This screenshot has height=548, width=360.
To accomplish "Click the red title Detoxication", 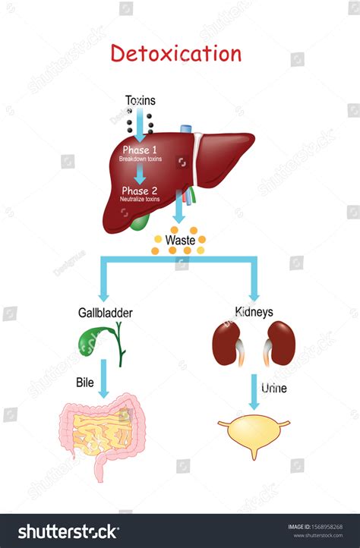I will point(175,54).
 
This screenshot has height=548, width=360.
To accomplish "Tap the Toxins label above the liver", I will point(141,101).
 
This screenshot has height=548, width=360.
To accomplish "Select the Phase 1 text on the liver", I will point(141,150).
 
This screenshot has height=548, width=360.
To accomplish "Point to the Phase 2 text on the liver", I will point(141,191).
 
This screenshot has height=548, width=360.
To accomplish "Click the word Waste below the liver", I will point(182,240).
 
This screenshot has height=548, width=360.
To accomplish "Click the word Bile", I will point(85,383).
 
